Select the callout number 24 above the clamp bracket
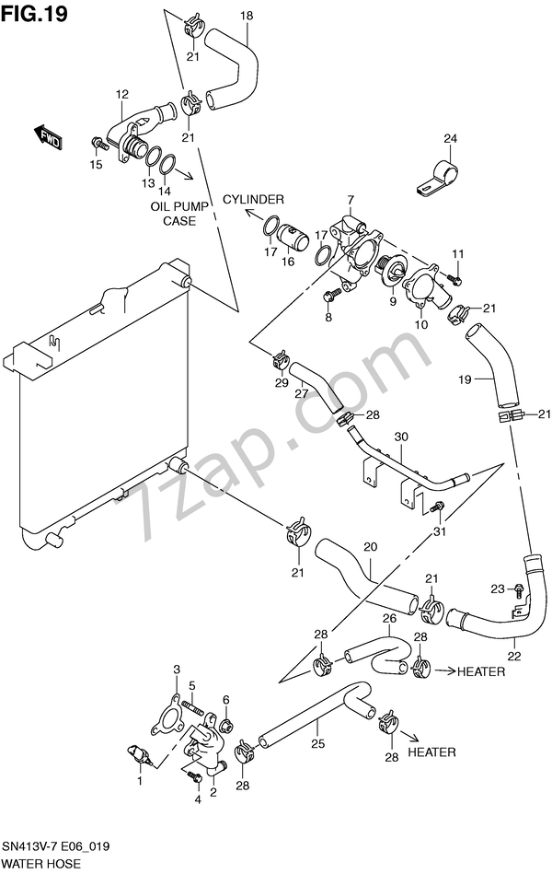coord(449,139)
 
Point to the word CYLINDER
coord(251,199)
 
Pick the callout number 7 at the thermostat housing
coord(351,201)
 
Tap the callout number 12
coord(121,94)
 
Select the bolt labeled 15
coord(98,143)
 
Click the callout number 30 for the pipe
coord(400,437)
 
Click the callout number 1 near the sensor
coord(140,782)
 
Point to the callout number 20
coord(369,547)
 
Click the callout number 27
coord(301,394)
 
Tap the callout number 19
coord(466,379)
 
